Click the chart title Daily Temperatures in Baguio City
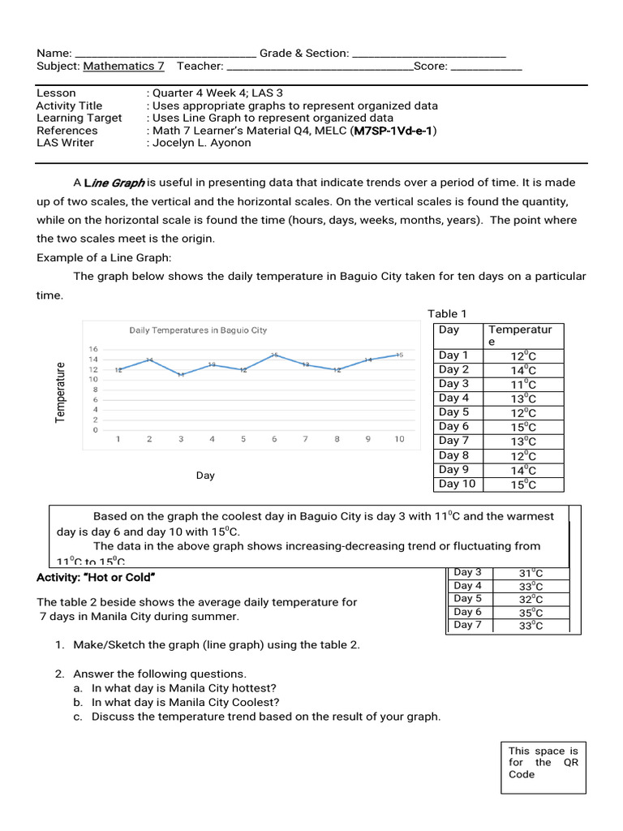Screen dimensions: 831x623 pyautogui.click(x=198, y=330)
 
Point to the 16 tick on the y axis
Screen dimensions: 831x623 pyautogui.click(x=93, y=349)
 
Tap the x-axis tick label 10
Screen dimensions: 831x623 pyautogui.click(x=399, y=439)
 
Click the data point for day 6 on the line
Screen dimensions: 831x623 pyautogui.click(x=274, y=355)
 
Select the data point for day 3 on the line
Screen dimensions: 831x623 pyautogui.click(x=181, y=374)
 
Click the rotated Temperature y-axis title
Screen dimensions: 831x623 pyautogui.click(x=60, y=393)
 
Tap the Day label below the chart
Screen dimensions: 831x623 pyautogui.click(x=205, y=476)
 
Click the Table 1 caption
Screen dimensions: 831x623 pyautogui.click(x=447, y=314)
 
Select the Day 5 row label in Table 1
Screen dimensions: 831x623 pyautogui.click(x=453, y=411)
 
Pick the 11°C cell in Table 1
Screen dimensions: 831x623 pyautogui.click(x=523, y=384)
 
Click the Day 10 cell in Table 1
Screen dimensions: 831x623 pyautogui.click(x=457, y=484)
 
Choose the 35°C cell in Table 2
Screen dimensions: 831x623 pyautogui.click(x=531, y=613)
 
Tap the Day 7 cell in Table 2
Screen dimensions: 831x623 pyautogui.click(x=467, y=625)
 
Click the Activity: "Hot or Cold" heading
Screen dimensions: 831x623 pyautogui.click(x=96, y=577)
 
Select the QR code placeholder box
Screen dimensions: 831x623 pyautogui.click(x=543, y=766)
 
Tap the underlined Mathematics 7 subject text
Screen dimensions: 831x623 pyautogui.click(x=123, y=67)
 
